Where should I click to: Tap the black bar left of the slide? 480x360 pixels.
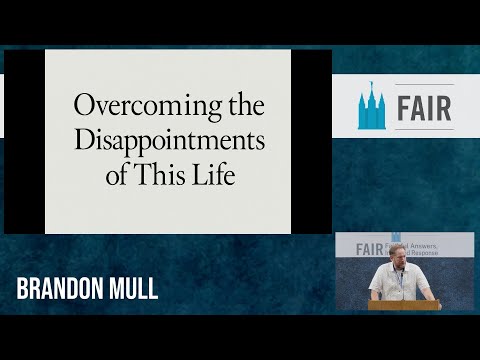[24, 141]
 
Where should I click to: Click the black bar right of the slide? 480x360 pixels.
[311, 141]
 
